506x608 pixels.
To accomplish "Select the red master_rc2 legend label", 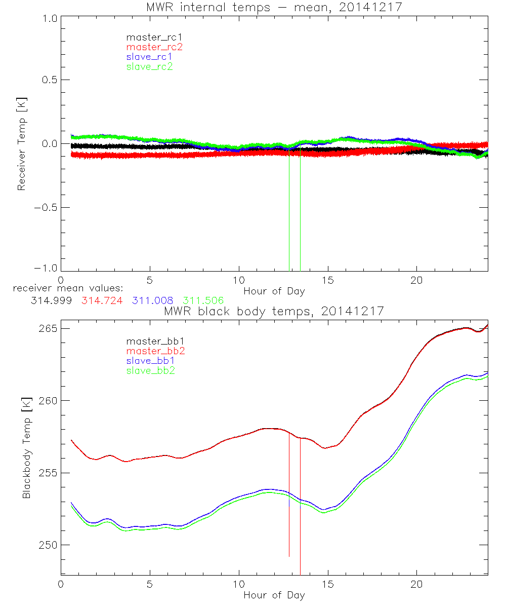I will point(154,47).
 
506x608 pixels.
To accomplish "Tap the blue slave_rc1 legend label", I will point(149,56).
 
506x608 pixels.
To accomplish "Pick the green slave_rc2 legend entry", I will point(149,66).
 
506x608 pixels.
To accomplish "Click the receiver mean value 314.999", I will point(52,300).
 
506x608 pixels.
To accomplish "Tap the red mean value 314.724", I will point(101,300).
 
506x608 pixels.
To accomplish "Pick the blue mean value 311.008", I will point(152,300).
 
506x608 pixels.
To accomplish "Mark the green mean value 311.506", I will point(203,300).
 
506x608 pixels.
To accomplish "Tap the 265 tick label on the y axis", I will point(48,328).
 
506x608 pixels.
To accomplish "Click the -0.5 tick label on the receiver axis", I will point(45,207).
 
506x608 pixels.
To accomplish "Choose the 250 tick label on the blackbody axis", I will point(48,545).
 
